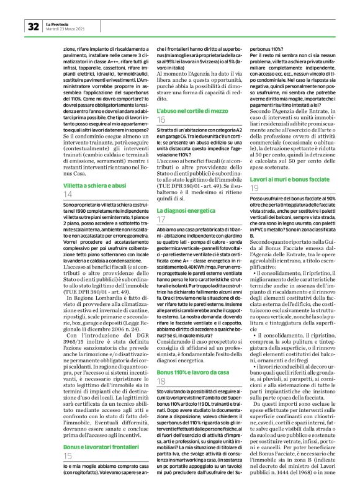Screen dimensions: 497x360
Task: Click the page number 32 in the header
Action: point(33,27)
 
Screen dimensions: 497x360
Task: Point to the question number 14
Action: point(68,194)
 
